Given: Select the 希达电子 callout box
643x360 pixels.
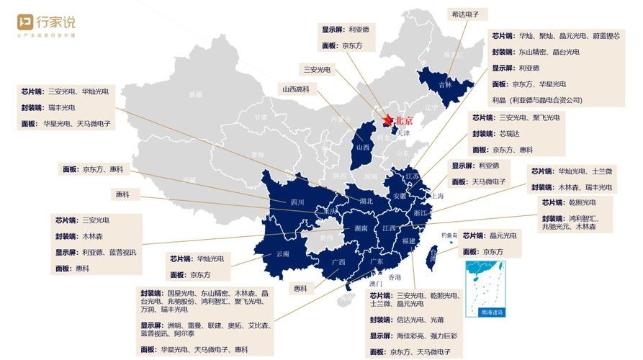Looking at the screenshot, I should click(x=469, y=14).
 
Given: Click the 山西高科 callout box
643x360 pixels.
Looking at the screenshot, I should click(x=296, y=89).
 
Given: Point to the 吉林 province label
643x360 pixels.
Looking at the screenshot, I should click(x=445, y=84).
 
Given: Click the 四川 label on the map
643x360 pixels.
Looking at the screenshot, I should click(x=297, y=202).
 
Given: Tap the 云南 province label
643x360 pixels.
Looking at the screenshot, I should click(x=283, y=254).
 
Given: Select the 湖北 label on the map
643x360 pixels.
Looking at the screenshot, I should click(x=365, y=202).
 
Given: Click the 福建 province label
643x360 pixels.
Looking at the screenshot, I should click(x=409, y=240).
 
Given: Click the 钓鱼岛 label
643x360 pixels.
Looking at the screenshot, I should click(x=450, y=235).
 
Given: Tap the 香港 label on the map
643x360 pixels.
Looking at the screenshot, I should click(x=395, y=277).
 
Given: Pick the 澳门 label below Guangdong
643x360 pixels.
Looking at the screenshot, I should click(x=377, y=284).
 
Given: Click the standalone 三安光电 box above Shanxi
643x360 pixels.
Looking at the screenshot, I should click(x=317, y=70).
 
